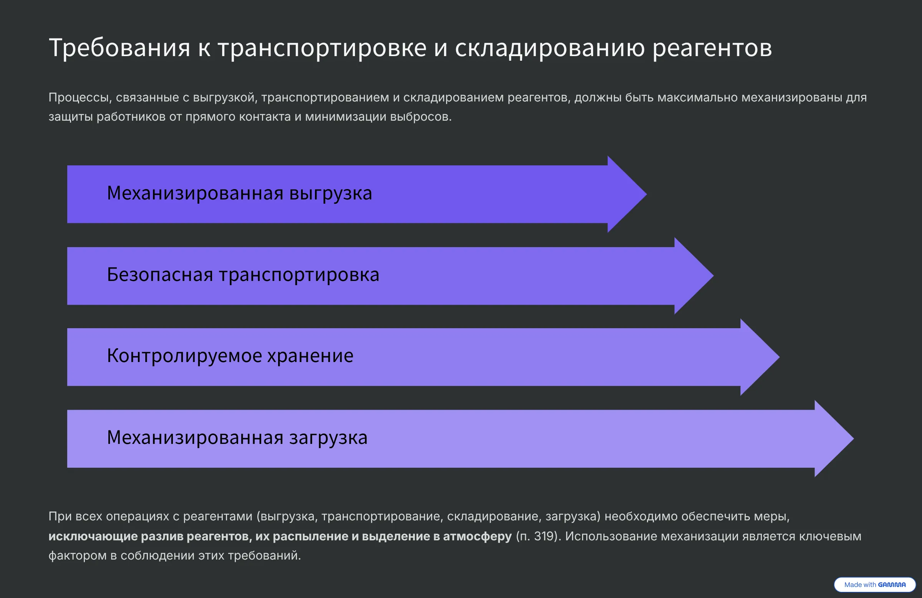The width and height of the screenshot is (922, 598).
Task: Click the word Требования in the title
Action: pos(120,48)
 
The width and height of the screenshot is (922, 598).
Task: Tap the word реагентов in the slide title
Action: pos(712,48)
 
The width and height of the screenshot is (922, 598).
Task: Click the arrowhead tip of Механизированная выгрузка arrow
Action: pos(646,194)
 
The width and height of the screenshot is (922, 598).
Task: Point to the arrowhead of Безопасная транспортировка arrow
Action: pos(694,276)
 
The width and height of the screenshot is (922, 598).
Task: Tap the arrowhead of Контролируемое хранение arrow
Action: pos(759,357)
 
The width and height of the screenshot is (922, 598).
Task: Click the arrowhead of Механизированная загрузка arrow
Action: pos(834,439)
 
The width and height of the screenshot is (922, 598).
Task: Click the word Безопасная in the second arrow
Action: pos(159,274)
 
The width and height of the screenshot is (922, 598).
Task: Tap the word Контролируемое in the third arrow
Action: pos(184,356)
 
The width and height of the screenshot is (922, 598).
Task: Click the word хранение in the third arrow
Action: pos(310,356)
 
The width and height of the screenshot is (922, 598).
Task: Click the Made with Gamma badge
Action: pos(875,585)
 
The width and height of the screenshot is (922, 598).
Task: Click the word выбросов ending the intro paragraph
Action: pos(421,117)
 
